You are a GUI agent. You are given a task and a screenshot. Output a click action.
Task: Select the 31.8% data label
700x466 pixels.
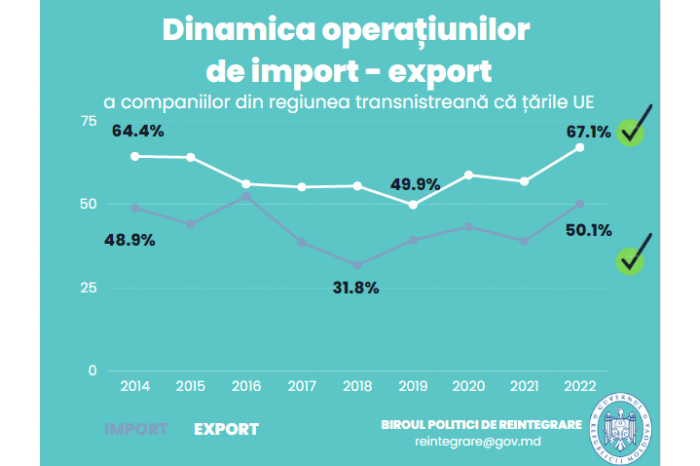click(355, 289)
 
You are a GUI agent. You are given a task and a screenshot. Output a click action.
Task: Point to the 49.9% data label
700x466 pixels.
click(415, 184)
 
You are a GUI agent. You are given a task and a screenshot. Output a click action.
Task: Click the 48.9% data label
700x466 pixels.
click(129, 240)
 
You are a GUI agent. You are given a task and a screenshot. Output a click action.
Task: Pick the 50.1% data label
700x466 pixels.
click(587, 230)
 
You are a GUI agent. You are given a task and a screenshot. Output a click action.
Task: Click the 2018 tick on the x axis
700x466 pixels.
click(357, 385)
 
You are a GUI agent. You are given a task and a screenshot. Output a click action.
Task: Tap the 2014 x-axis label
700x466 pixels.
click(134, 385)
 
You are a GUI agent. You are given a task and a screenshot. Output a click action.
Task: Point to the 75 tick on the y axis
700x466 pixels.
click(89, 121)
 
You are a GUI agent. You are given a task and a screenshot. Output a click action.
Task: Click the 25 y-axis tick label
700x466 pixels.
click(89, 288)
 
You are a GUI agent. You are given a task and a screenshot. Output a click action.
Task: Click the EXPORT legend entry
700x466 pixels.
click(226, 429)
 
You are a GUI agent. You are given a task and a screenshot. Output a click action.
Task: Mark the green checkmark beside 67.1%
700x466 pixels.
click(632, 128)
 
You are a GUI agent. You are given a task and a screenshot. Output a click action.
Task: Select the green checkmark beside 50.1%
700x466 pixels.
click(632, 258)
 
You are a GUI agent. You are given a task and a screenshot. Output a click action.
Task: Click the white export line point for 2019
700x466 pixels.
click(414, 204)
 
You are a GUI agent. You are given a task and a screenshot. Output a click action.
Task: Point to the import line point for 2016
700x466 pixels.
click(246, 196)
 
